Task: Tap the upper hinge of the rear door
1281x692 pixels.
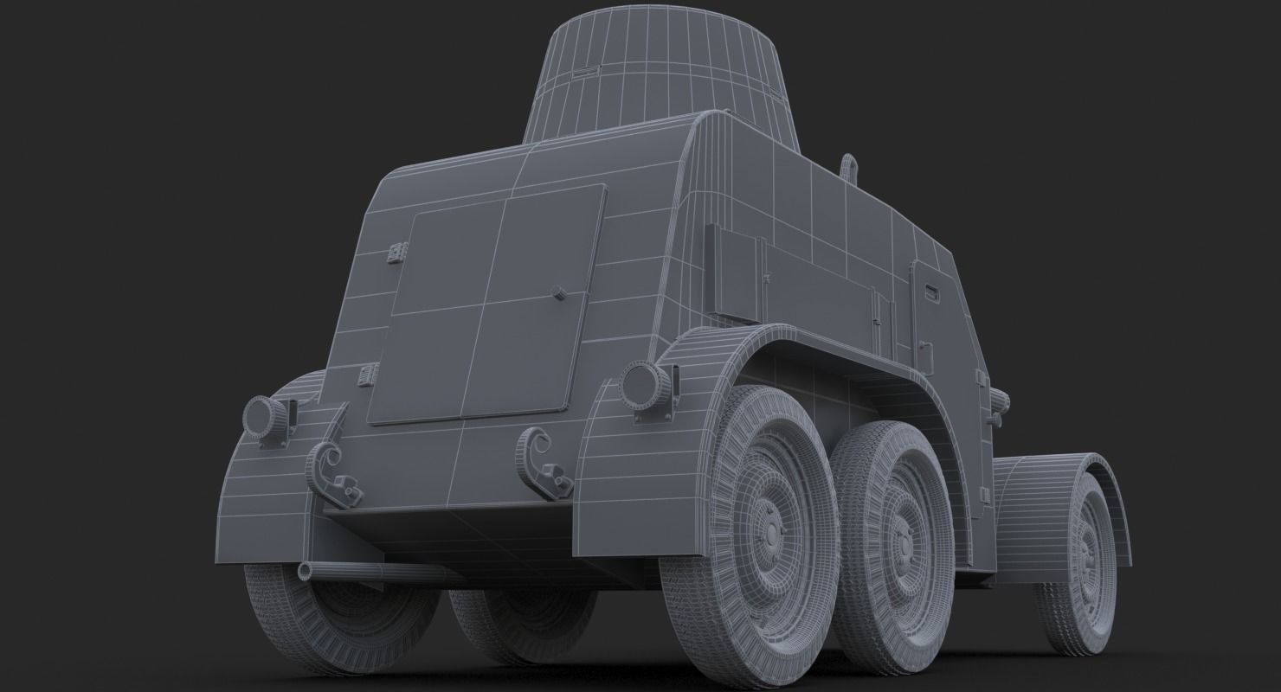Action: click(x=397, y=252)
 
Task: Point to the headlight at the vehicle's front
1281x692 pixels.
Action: click(x=1002, y=400)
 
